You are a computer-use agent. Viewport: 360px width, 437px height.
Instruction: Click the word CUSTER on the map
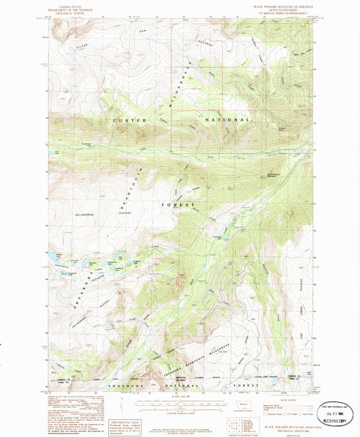(x=126, y=120)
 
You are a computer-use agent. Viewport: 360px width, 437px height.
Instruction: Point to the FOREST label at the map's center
(x=179, y=204)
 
